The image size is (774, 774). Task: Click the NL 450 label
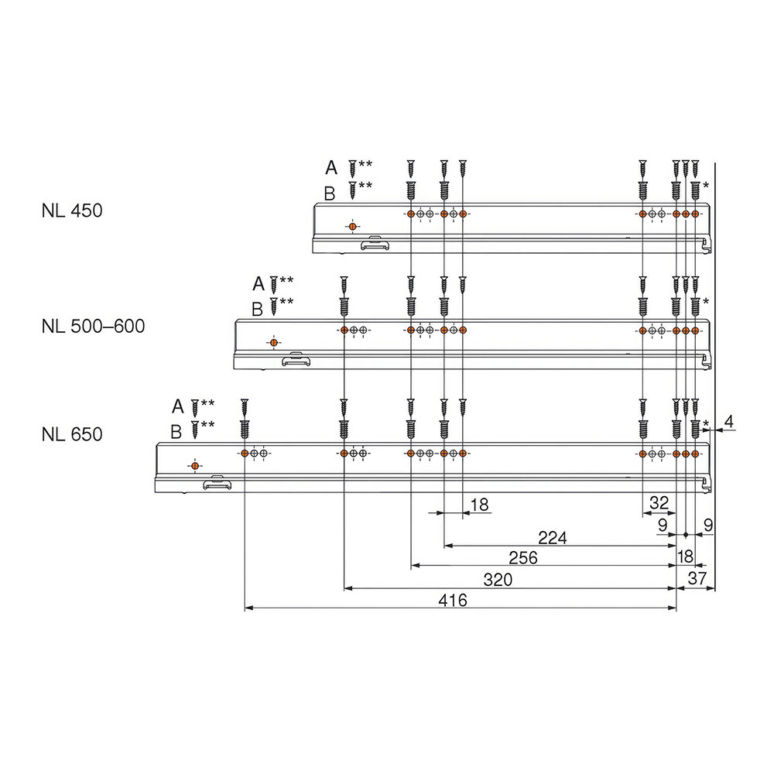pyautogui.click(x=72, y=211)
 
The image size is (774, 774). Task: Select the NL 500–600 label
pyautogui.click(x=94, y=327)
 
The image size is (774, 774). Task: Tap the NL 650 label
pyautogui.click(x=72, y=434)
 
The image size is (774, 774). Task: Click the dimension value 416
pyautogui.click(x=453, y=601)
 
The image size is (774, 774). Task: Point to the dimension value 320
pyautogui.click(x=498, y=580)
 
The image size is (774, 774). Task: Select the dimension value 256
pyautogui.click(x=523, y=558)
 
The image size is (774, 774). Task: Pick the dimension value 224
pyautogui.click(x=553, y=538)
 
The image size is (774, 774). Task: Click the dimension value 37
pyautogui.click(x=697, y=578)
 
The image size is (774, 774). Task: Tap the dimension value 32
pyautogui.click(x=659, y=503)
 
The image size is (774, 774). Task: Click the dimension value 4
pyautogui.click(x=728, y=422)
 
